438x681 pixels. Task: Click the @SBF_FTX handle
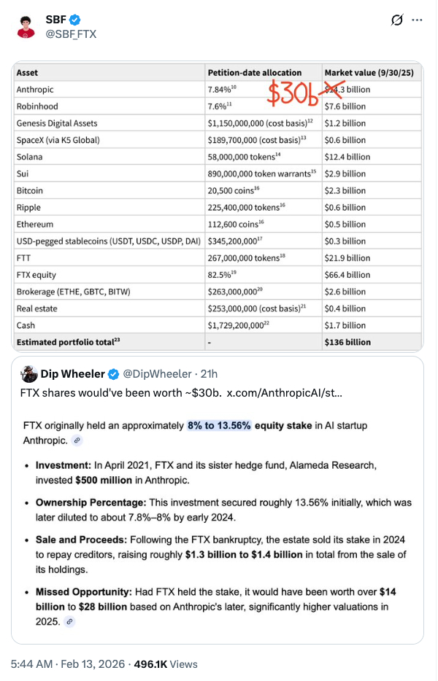tap(71, 34)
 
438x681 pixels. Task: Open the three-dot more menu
tap(417, 20)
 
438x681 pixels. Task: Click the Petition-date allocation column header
tap(254, 73)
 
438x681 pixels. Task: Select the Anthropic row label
tap(35, 90)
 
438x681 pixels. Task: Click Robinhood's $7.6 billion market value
tap(346, 106)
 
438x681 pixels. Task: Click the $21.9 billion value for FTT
tap(348, 258)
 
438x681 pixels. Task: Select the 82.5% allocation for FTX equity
tap(223, 275)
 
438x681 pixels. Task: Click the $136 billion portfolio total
tap(349, 342)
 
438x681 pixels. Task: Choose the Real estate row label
tap(34, 308)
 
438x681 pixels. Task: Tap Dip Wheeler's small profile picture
tap(29, 375)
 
